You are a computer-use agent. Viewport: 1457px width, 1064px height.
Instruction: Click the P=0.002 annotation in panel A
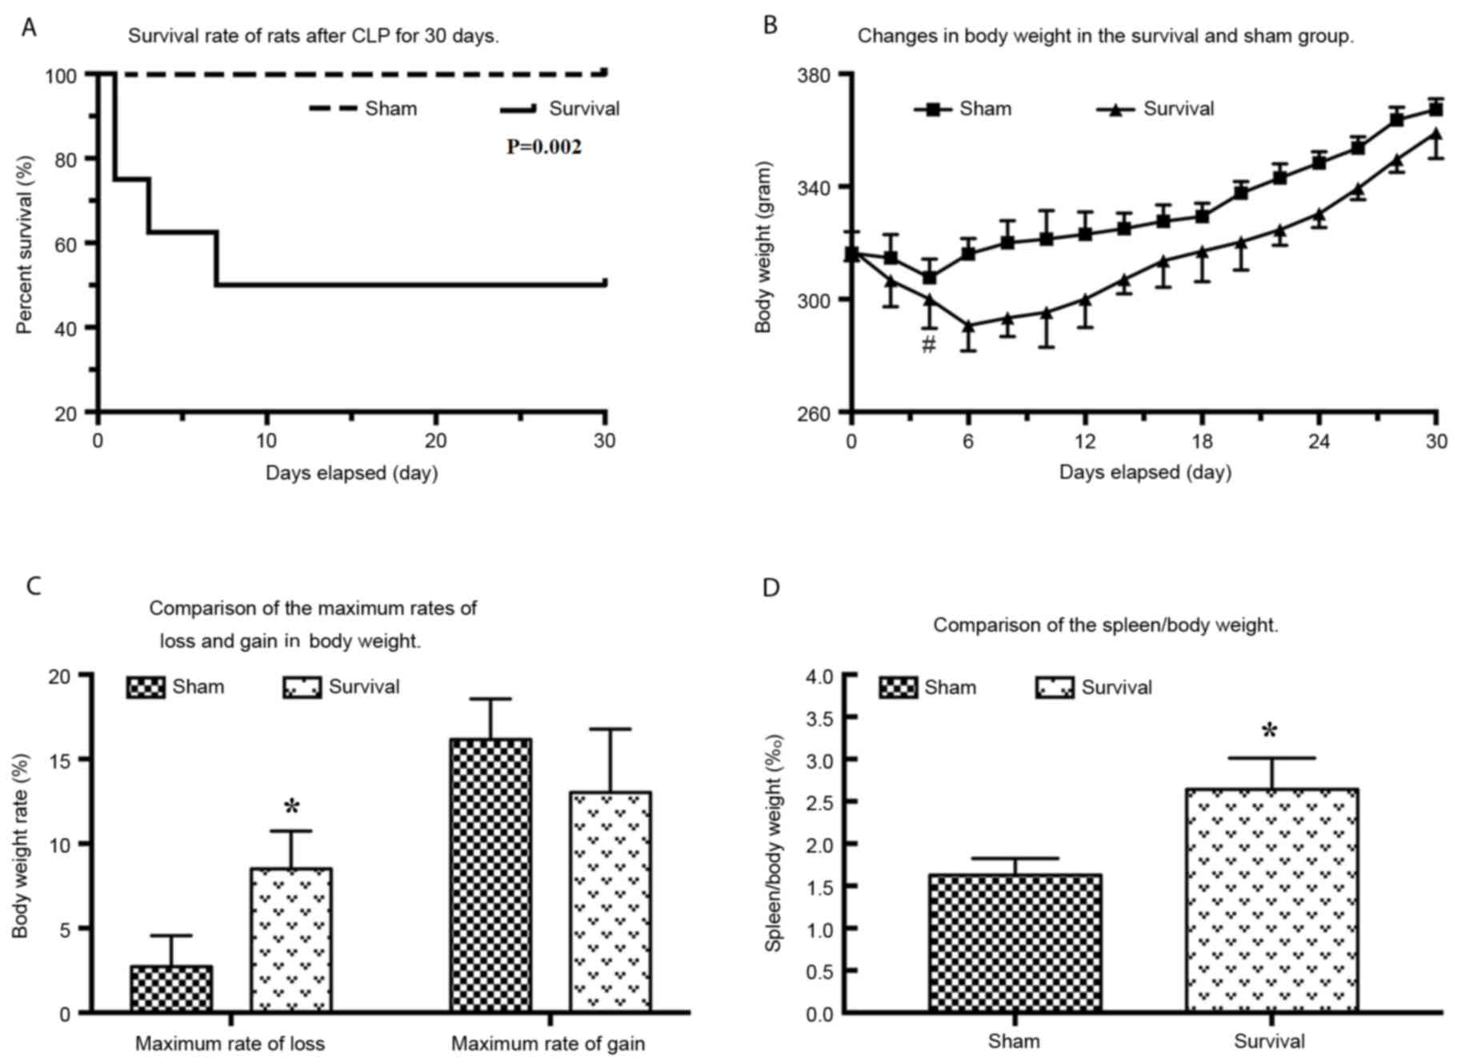pos(543,147)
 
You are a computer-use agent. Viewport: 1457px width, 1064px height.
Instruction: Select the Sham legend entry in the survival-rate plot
pos(365,108)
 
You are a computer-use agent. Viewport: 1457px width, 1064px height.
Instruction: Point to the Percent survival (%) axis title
pos(26,244)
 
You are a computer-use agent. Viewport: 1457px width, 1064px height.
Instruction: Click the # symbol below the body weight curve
pos(928,345)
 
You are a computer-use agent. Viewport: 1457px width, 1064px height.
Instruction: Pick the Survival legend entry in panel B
pos(1156,109)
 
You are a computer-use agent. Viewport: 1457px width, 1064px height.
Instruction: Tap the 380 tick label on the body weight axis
pos(815,75)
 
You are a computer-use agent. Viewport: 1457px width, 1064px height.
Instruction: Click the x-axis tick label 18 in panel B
pos(1202,441)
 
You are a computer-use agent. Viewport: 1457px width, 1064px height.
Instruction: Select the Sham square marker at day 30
pos(1436,110)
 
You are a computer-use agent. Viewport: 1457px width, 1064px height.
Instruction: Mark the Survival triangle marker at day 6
pos(968,326)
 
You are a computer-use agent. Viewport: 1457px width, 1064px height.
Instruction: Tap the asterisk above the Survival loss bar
pos(291,807)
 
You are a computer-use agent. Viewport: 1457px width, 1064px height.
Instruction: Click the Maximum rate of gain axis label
pos(547,1044)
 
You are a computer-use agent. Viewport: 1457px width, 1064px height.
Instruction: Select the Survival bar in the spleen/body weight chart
pos(1272,900)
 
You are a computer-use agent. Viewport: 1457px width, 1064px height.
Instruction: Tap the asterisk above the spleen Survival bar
pos(1269,731)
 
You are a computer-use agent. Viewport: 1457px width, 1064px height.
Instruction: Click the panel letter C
pos(34,586)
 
